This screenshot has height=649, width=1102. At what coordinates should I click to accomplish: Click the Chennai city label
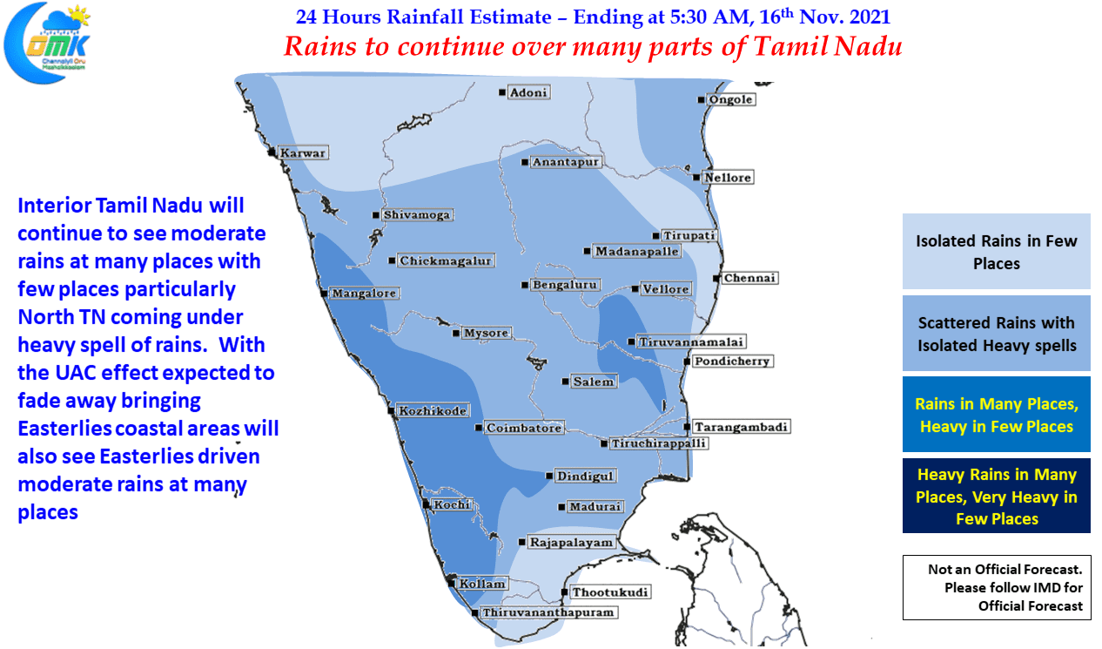click(749, 278)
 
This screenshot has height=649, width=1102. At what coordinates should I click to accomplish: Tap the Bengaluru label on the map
click(565, 285)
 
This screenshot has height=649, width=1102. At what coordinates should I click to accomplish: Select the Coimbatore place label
click(524, 428)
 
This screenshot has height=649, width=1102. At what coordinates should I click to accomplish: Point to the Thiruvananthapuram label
click(548, 612)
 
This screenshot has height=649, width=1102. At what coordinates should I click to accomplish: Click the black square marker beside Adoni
click(501, 92)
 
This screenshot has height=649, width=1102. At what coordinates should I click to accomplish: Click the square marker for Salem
click(565, 382)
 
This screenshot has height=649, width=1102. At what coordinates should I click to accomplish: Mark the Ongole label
click(730, 99)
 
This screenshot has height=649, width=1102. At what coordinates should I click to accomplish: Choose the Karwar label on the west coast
click(303, 152)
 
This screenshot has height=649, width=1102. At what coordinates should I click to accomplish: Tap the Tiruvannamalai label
click(691, 341)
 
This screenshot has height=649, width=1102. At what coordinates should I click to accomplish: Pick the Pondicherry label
click(733, 362)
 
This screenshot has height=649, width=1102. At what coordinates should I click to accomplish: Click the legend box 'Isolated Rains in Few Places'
click(996, 251)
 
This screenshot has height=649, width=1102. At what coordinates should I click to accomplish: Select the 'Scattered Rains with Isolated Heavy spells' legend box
click(996, 334)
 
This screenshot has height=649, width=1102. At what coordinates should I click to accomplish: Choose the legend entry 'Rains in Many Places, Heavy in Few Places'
click(996, 415)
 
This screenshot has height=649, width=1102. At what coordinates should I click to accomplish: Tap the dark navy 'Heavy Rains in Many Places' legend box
click(996, 496)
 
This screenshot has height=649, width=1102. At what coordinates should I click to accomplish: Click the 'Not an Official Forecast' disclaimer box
click(997, 587)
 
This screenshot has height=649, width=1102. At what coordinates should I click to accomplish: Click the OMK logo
click(47, 44)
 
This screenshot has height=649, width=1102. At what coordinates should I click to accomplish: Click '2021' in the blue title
click(870, 17)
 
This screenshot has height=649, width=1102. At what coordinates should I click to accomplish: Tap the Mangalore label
click(364, 294)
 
